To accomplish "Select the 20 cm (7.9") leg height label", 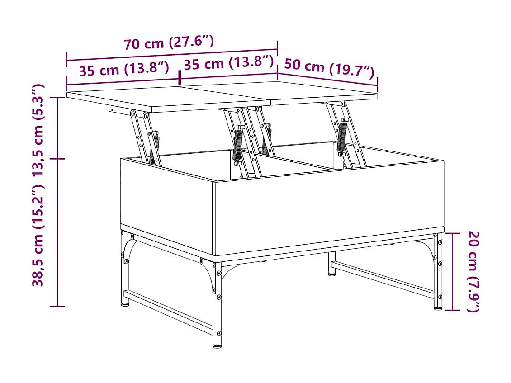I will tap(473, 271).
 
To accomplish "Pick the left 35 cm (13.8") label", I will tap(124, 70).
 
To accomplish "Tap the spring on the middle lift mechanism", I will tap(237, 146).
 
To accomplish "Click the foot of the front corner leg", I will tap(218, 345).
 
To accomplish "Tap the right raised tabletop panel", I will tap(317, 93).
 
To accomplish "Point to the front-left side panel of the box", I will tap(167, 206).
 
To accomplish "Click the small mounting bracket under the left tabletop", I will tap(112, 109).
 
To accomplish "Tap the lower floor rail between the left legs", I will tap(167, 312).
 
